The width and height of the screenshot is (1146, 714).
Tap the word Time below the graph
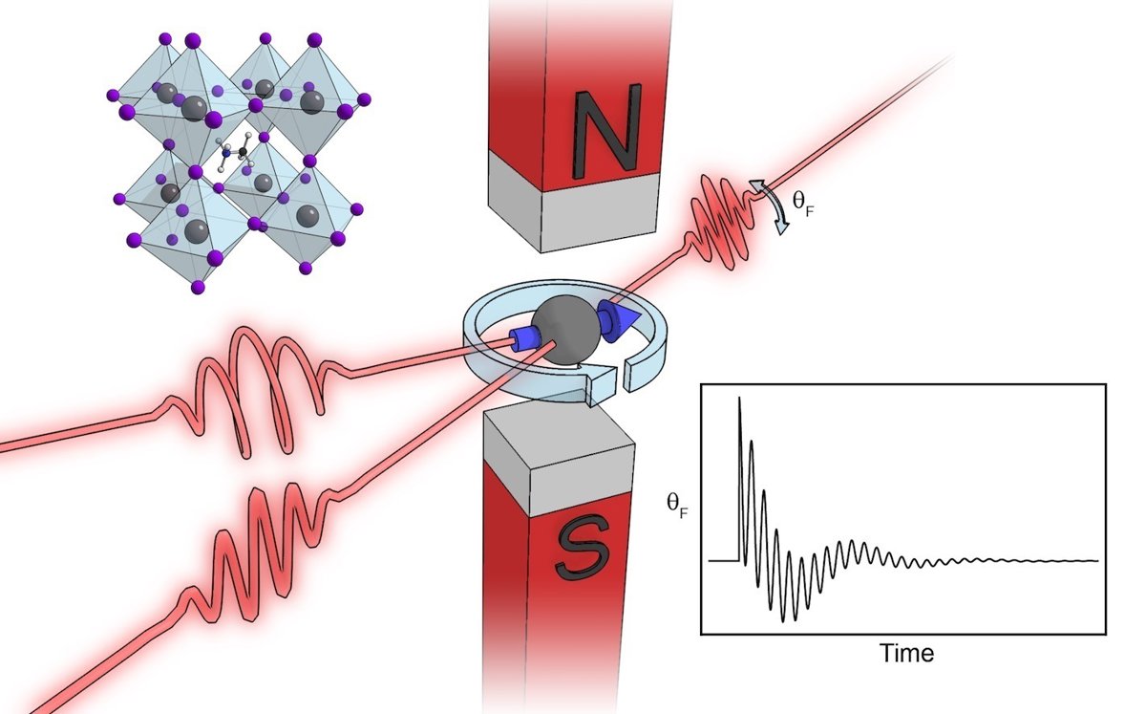(906, 653)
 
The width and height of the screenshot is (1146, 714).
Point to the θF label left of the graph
(677, 504)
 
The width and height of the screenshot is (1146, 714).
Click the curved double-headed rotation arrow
(770, 206)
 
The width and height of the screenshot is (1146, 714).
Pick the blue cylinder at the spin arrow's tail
(524, 339)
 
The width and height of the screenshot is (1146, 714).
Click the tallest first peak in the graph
(739, 398)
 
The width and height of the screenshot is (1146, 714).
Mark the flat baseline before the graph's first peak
(724, 561)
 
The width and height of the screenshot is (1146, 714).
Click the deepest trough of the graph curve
(783, 621)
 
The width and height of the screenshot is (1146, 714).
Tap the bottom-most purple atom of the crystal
(198, 288)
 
